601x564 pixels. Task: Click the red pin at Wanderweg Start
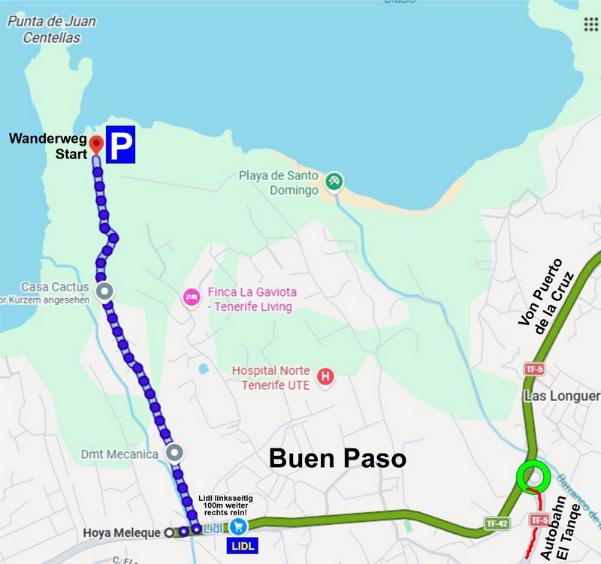[95, 143]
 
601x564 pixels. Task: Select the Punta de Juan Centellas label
[51, 28]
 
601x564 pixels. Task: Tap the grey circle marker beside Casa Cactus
[105, 291]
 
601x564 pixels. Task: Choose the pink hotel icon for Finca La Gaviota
[191, 297]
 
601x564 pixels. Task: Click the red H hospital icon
[325, 376]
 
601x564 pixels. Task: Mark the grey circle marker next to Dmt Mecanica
[174, 453]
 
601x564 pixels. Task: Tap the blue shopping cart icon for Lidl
[239, 526]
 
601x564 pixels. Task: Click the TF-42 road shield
[495, 523]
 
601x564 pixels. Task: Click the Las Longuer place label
[563, 396]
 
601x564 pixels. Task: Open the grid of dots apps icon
[591, 24]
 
